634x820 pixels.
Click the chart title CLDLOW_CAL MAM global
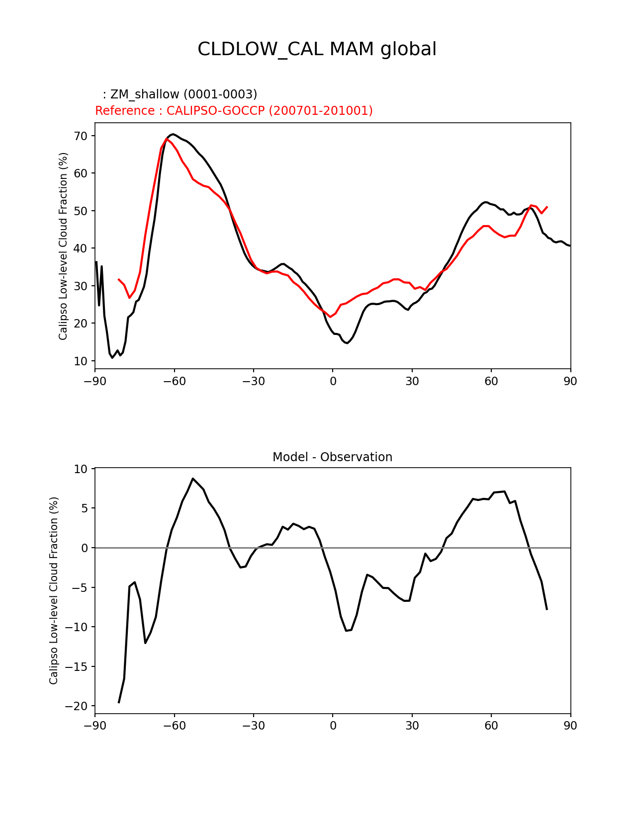coord(317,49)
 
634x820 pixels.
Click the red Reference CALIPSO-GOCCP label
coord(234,111)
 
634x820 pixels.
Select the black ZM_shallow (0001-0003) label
coord(180,94)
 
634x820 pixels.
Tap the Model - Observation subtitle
coord(332,457)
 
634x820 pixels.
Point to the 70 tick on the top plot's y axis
coord(81,136)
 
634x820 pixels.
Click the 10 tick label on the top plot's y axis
coord(81,361)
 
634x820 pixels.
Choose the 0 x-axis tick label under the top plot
coord(333,381)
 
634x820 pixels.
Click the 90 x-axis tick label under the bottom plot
coord(570,726)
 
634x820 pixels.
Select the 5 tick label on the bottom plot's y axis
coord(84,508)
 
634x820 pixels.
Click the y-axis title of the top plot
coord(63,246)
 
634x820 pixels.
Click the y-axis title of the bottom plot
coord(54,590)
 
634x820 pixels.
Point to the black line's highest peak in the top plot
coord(172,134)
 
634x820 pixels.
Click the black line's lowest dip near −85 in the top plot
coord(112,357)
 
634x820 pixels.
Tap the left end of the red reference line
coord(118,279)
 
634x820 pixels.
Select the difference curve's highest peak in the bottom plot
coord(192,479)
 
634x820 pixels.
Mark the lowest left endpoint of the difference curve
coord(119,702)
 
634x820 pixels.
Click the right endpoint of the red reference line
coord(547,207)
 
